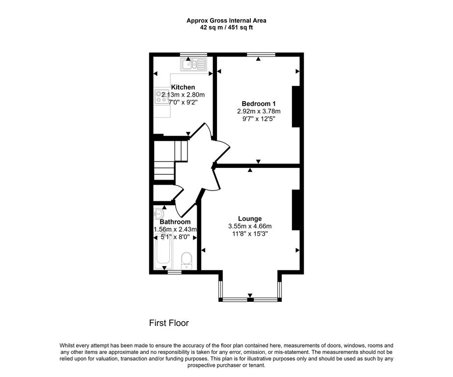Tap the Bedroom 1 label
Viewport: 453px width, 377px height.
[x=259, y=104]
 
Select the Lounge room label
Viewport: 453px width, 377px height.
[x=250, y=219]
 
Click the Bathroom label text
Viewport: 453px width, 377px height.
[x=175, y=222]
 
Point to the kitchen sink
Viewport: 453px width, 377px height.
[x=194, y=64]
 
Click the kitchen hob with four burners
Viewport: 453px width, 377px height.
[x=161, y=97]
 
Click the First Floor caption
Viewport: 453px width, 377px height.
[x=169, y=323]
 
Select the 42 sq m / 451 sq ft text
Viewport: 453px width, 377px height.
[x=226, y=27]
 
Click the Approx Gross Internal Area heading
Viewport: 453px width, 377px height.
[x=226, y=21]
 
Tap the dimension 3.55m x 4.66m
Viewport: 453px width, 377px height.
[x=250, y=226]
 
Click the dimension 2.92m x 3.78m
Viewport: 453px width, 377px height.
[x=259, y=111]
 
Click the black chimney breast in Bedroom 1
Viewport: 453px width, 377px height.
[x=296, y=107]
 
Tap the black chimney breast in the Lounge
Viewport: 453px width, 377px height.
[x=296, y=210]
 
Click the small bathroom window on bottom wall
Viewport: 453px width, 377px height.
[x=174, y=271]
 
